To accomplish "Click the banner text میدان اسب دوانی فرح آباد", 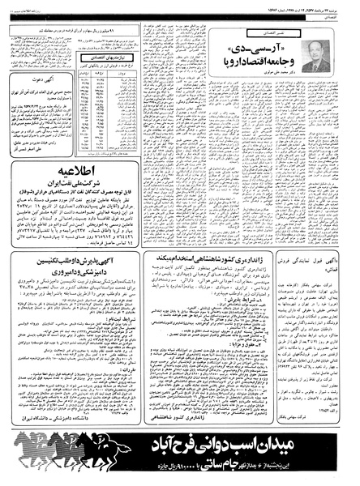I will pyautogui.click(x=217, y=447).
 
